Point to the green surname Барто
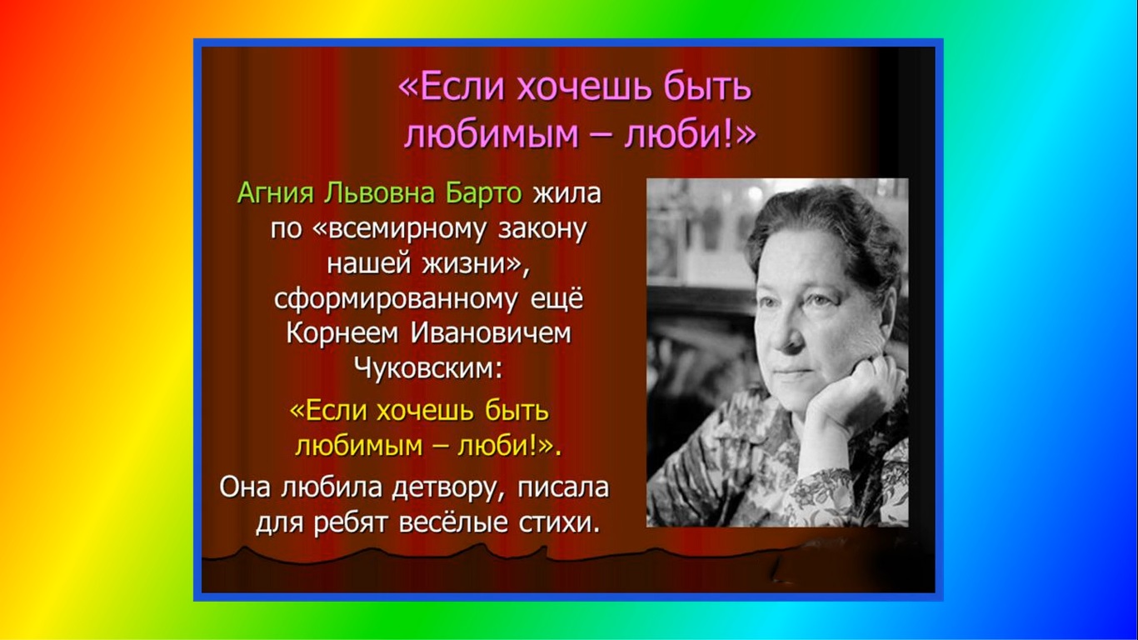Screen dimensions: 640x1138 482,193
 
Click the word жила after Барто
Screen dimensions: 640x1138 566,193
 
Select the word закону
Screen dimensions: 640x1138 541,229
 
